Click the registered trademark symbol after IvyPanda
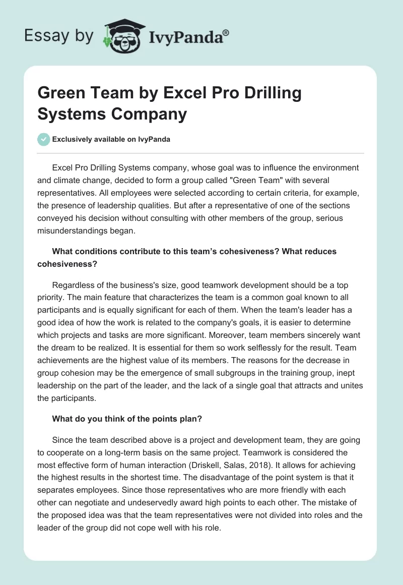[226, 33]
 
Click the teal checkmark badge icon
[44, 139]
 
